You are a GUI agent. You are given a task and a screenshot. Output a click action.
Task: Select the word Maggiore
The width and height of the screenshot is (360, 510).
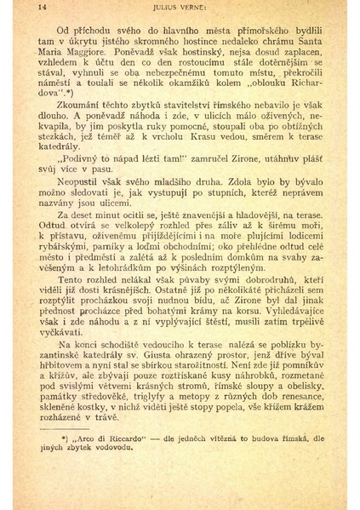(86, 53)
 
